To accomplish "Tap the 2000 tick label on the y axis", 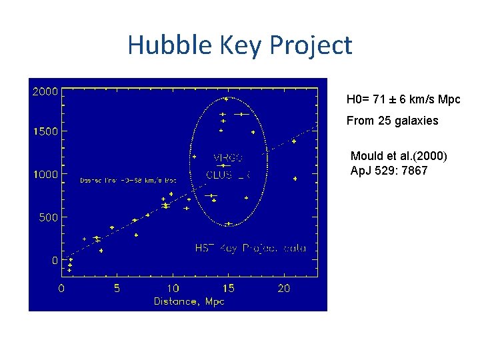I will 45,91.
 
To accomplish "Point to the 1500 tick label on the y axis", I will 45,131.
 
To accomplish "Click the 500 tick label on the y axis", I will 48,217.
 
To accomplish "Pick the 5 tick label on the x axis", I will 117,289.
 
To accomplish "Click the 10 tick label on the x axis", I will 173,289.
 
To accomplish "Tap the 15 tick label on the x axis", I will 229,289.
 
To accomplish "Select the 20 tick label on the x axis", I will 285,289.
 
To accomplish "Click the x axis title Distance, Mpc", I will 189,301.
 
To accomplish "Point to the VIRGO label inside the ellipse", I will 229,158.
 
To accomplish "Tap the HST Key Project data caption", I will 251,248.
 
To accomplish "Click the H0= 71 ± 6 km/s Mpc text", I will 403,99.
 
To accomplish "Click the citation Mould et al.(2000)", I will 399,156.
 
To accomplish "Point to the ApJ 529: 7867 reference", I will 389,170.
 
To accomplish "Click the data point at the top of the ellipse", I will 227,99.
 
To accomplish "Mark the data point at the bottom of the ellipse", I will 229,223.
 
